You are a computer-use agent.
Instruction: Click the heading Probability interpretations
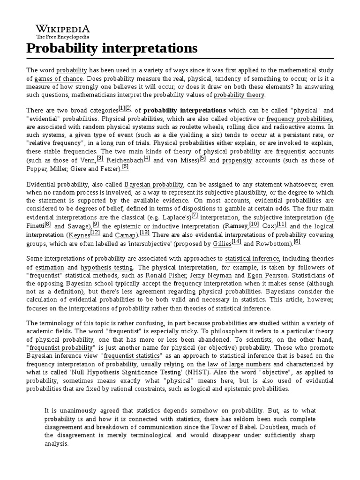tap(112, 48)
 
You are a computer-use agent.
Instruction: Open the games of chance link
tap(55, 79)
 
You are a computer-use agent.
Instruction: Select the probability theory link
tap(239, 95)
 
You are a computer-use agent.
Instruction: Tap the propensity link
tap(237, 160)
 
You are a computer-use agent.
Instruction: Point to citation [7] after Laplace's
tap(195, 215)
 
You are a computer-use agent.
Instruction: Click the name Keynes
tap(79, 235)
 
